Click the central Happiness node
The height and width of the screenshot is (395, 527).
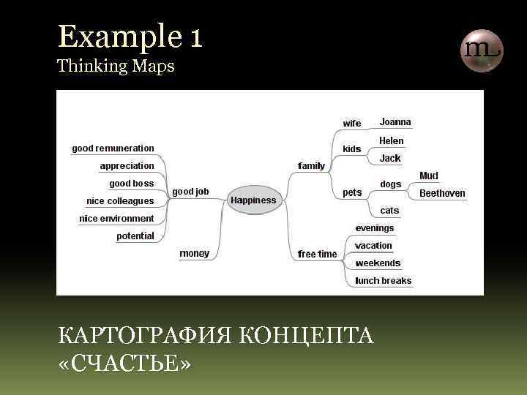point(253,200)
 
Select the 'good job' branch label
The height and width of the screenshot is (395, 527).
point(190,192)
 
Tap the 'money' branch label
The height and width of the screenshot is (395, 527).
point(194,254)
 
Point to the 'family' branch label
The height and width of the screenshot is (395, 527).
point(311,166)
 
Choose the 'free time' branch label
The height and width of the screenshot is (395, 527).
point(317,255)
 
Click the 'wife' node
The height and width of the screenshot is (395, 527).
point(352,124)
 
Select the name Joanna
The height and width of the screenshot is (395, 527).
point(395,122)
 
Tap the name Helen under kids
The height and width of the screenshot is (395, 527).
point(391,140)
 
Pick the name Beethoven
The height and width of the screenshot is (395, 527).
point(442,193)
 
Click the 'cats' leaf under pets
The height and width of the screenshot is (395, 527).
point(389,211)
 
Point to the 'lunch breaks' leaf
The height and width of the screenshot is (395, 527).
point(383,281)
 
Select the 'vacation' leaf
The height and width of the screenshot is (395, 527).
point(373,246)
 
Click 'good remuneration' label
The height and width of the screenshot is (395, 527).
point(113,148)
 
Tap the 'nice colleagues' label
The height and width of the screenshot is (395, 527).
point(120,201)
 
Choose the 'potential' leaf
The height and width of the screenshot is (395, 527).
point(135,236)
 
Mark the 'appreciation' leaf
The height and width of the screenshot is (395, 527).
point(127,166)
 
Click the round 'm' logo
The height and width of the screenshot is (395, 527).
point(481,50)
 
